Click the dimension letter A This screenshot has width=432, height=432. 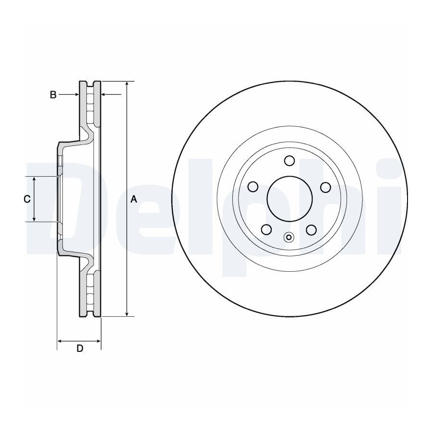(x=133, y=199)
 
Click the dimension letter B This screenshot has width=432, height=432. (x=53, y=95)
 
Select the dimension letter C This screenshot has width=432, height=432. (x=27, y=199)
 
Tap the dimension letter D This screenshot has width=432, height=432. (x=80, y=348)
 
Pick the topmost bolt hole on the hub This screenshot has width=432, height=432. (x=289, y=160)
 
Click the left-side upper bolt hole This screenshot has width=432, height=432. (x=253, y=187)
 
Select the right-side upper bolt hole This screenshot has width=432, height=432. (x=325, y=187)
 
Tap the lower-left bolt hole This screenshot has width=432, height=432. (x=266, y=229)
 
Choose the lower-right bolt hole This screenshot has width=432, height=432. (x=312, y=230)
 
